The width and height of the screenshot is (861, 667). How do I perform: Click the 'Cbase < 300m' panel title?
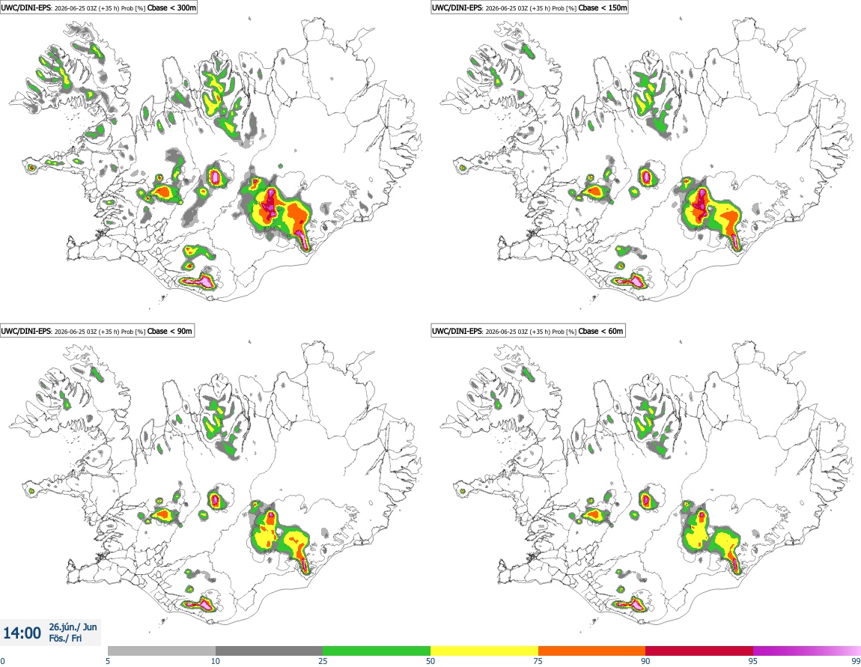click(x=171, y=7)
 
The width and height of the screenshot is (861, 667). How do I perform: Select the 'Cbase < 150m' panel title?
click(x=603, y=7)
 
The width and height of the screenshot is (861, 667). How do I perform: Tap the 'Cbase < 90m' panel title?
click(x=170, y=331)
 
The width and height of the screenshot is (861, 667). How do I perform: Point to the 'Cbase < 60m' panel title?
click(x=600, y=331)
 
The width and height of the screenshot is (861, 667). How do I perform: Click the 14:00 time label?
click(x=22, y=633)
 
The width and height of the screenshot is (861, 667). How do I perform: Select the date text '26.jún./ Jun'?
click(x=73, y=627)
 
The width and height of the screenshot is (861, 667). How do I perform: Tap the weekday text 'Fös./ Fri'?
click(x=65, y=639)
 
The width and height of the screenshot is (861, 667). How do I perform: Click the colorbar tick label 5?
click(x=108, y=661)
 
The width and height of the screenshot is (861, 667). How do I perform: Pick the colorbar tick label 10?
click(x=216, y=661)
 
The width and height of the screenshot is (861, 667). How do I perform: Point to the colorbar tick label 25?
click(x=323, y=661)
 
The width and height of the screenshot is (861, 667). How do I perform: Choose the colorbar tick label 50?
click(x=431, y=661)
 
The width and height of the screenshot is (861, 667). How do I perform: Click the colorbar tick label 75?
click(x=538, y=661)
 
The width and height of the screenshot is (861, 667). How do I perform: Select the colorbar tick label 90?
click(x=645, y=661)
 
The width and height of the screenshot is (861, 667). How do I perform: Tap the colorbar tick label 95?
click(x=753, y=661)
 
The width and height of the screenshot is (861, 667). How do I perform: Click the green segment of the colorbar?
click(x=377, y=651)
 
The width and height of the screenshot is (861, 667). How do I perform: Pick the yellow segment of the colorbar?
click(x=484, y=651)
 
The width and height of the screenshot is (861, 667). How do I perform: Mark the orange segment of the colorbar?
click(x=592, y=651)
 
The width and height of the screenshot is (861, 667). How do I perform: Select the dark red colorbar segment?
click(x=699, y=651)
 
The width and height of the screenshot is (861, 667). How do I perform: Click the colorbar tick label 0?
click(x=3, y=661)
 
